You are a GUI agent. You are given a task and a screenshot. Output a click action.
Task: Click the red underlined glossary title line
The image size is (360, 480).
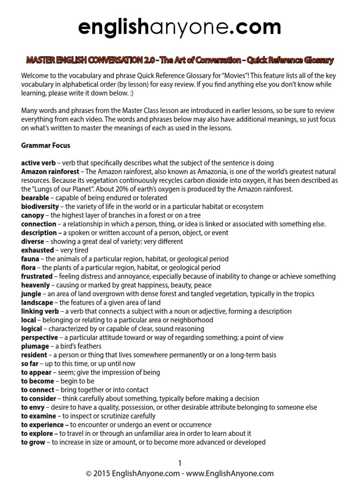point(180,60)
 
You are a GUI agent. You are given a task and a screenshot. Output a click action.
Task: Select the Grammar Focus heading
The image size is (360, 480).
point(45,145)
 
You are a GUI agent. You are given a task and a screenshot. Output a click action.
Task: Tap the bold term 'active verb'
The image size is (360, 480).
point(38,163)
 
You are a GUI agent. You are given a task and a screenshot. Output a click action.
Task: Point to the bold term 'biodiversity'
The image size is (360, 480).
point(40,207)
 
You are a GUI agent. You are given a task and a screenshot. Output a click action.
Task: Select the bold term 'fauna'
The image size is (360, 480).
point(30,259)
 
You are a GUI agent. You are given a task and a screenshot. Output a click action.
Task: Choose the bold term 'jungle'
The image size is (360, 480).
point(31,294)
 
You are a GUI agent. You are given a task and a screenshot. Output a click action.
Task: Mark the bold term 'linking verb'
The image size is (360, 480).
point(40,312)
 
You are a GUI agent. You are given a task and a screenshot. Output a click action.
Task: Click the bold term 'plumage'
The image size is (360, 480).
point(35,346)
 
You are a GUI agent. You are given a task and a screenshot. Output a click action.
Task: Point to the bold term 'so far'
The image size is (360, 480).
point(30,364)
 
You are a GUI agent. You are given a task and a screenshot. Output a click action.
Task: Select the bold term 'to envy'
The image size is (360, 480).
point(33,407)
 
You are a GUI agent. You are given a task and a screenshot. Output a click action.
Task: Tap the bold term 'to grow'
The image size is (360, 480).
point(33,442)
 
